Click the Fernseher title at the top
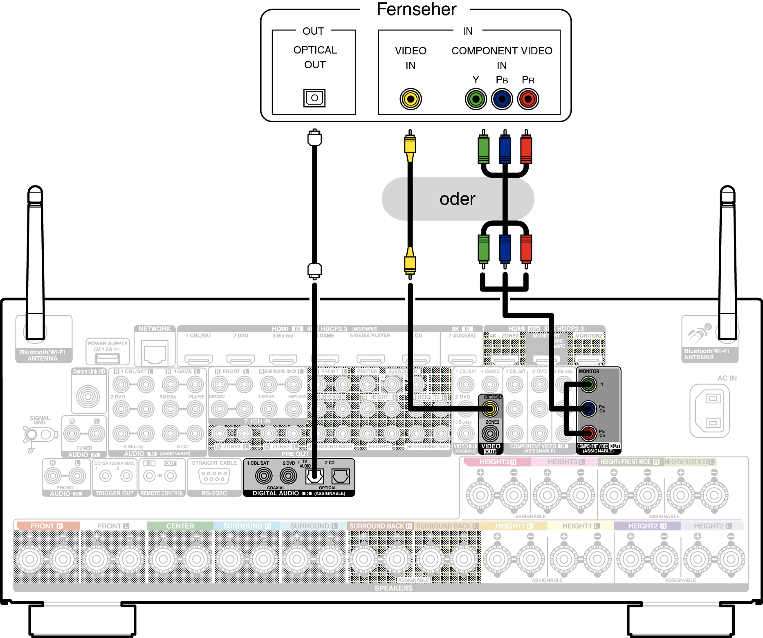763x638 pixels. click(416, 9)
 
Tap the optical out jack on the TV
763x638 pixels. click(314, 98)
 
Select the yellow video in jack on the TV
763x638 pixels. click(411, 99)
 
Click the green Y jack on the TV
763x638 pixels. click(476, 99)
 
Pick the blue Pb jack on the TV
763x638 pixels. click(502, 99)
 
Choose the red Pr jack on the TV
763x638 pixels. click(528, 99)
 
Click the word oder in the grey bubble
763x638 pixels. click(457, 199)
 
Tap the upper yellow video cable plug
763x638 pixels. click(410, 145)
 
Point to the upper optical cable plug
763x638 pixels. click(314, 138)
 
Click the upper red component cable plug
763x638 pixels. click(526, 149)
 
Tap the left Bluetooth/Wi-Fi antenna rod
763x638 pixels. click(35, 262)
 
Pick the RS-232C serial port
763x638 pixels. click(214, 477)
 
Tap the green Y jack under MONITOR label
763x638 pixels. click(588, 384)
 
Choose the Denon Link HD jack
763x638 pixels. click(88, 396)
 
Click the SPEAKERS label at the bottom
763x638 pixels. click(393, 588)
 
